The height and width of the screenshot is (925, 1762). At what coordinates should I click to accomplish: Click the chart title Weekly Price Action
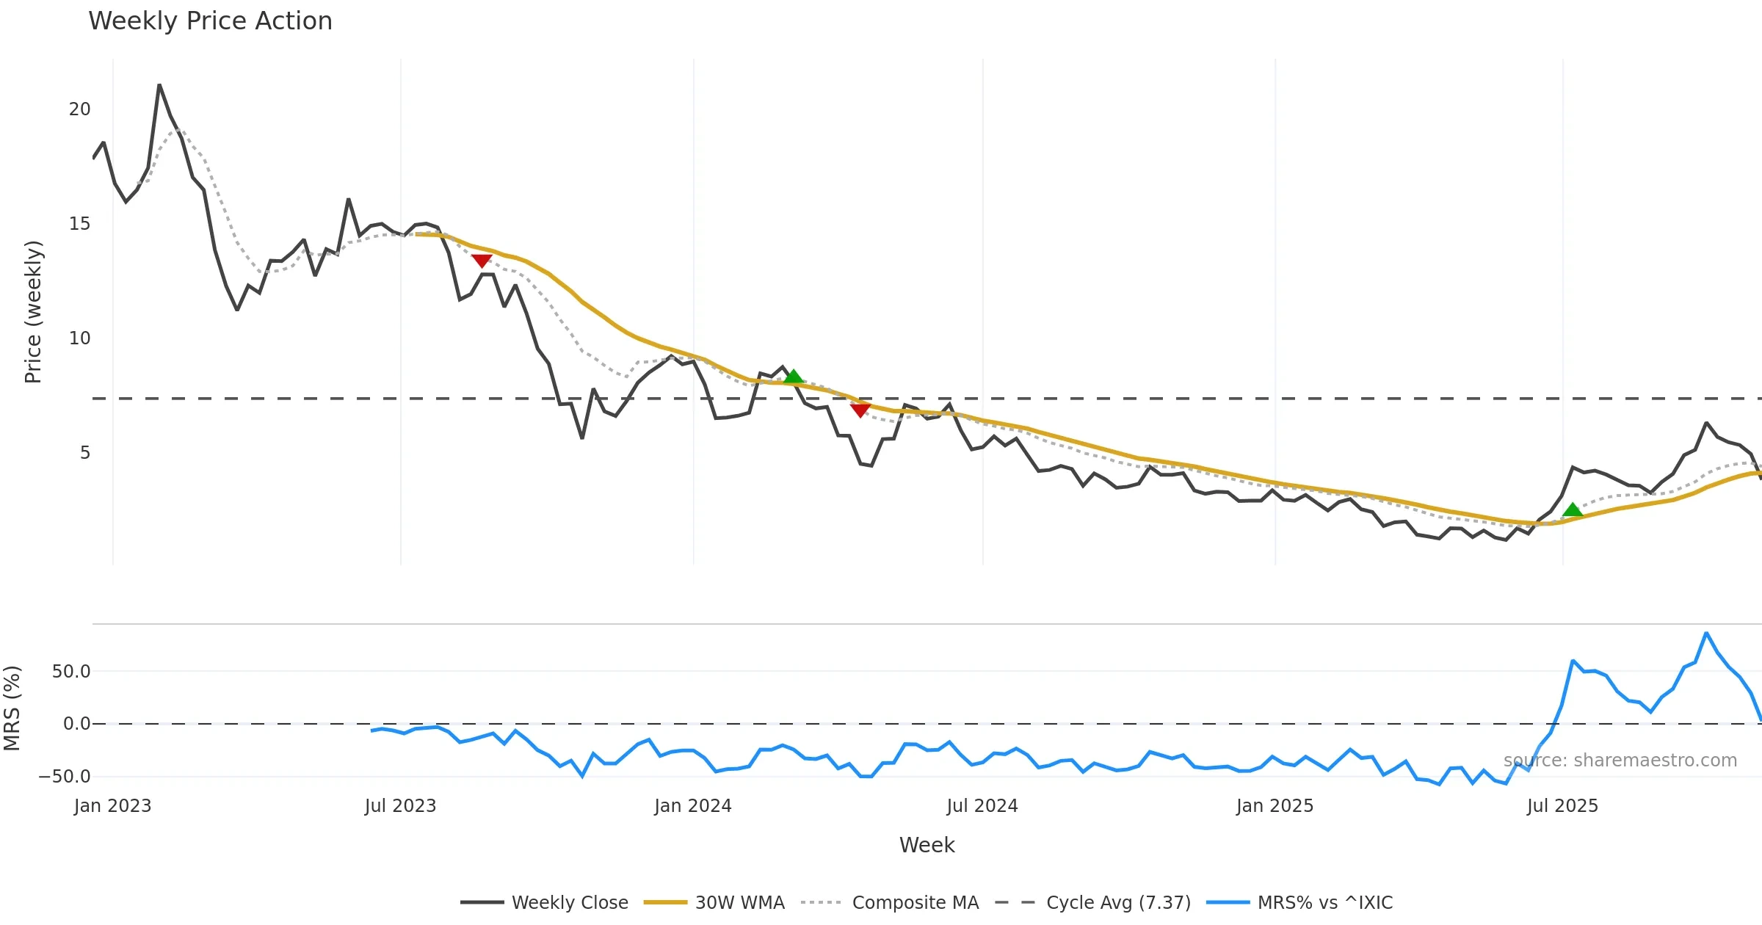[210, 21]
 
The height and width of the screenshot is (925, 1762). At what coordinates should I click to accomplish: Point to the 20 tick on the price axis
[79, 109]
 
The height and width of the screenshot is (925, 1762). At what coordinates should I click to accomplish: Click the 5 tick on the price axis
[85, 453]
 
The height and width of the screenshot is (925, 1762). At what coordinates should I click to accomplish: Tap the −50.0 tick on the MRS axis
[65, 777]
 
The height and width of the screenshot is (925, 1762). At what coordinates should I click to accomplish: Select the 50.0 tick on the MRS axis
[71, 672]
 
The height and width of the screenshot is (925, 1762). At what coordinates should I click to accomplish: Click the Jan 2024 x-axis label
[693, 806]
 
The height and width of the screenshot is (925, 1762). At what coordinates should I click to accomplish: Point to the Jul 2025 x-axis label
[1562, 806]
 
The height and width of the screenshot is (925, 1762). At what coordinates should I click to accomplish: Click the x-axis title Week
[927, 846]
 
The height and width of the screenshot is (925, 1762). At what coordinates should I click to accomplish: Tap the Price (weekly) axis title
[33, 312]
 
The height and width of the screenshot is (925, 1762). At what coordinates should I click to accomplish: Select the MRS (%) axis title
[12, 708]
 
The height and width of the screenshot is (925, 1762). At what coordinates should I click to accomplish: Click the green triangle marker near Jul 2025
[1572, 509]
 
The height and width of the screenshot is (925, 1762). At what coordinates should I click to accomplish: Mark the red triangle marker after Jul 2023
[482, 261]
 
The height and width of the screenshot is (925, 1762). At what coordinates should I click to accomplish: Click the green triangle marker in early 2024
[793, 377]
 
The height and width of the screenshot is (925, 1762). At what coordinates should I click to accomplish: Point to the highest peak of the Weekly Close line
[159, 85]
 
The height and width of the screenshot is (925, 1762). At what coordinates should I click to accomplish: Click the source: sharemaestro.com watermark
[1620, 761]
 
